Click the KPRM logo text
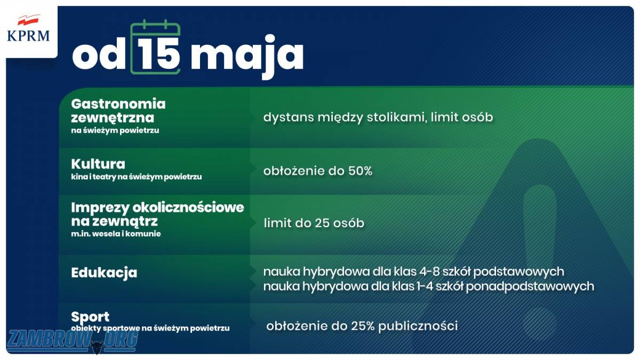click(28, 36)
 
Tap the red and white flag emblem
click(28, 20)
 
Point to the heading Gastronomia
click(118, 103)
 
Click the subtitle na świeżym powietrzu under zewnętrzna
click(115, 131)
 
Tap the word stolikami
click(397, 117)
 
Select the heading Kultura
click(98, 164)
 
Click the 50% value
click(361, 171)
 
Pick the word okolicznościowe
click(188, 207)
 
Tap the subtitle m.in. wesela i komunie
click(116, 234)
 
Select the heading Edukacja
click(104, 273)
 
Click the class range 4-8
click(429, 271)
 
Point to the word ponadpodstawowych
click(530, 286)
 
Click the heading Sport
click(90, 317)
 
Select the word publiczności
click(418, 326)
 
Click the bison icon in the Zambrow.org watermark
click(97, 346)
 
